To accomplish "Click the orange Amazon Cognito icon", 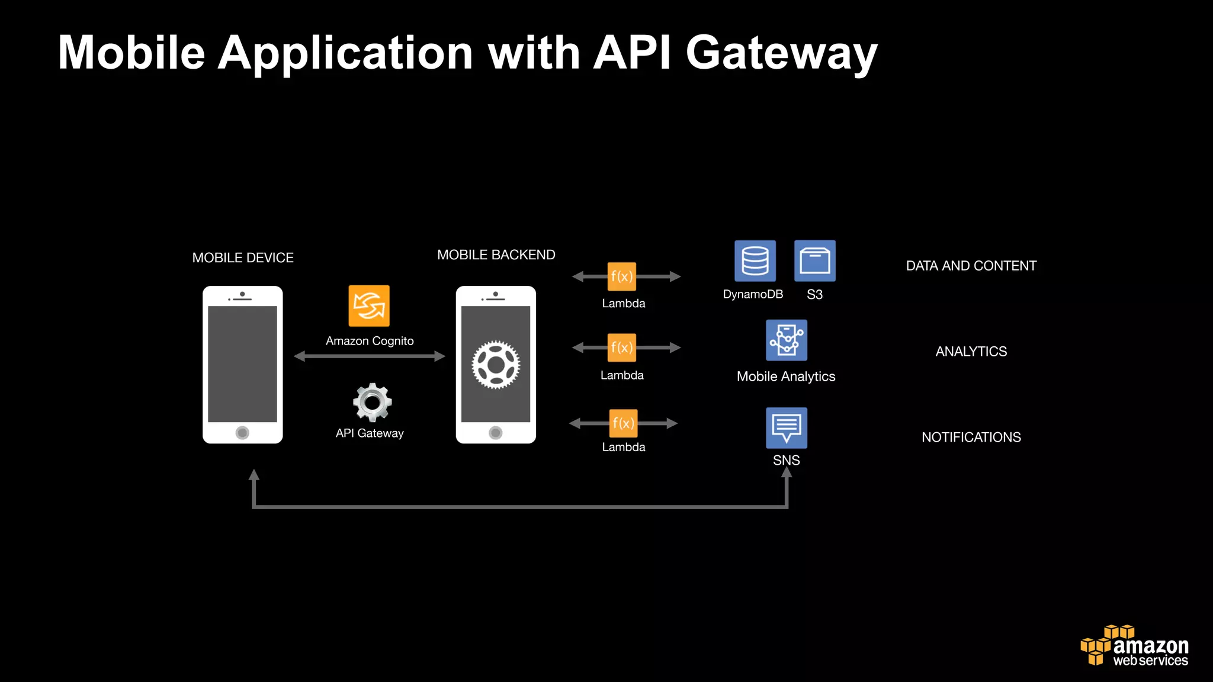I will (369, 306).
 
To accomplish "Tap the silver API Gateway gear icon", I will (372, 403).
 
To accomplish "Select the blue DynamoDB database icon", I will (755, 261).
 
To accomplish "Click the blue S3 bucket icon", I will (815, 261).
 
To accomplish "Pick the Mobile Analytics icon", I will (787, 340).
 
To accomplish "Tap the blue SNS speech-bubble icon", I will (787, 427).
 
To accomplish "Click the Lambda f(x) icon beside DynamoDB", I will (622, 276).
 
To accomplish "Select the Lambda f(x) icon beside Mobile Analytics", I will (622, 348).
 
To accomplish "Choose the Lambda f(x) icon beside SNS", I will (624, 423).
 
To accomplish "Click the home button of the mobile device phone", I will (242, 433).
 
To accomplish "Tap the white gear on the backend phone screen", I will (496, 365).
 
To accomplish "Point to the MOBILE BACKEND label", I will (496, 255).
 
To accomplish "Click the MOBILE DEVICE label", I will (243, 258).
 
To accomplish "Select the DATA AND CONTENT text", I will (971, 266).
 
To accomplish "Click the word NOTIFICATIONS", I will (971, 437).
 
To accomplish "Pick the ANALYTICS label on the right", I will (971, 352).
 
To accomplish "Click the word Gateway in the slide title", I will (781, 53).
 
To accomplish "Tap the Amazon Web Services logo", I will (1135, 646).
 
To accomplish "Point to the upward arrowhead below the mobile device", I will (254, 475).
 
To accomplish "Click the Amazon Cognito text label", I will (370, 341).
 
